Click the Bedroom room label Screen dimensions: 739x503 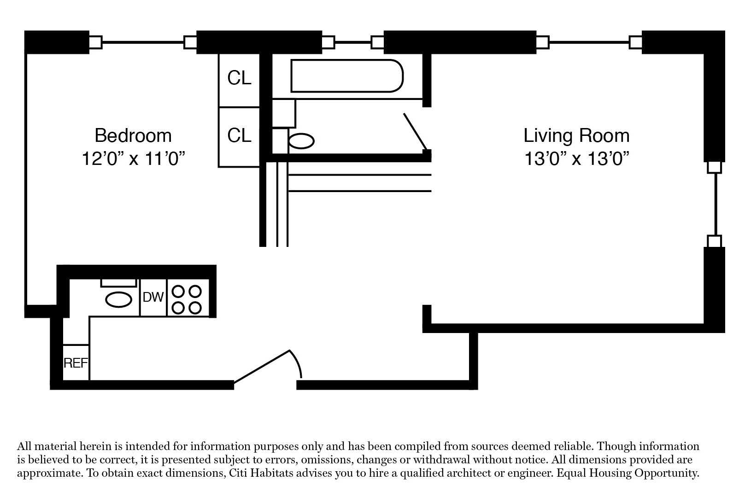133,135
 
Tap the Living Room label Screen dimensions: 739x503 576,135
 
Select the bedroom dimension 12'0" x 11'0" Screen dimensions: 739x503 133,158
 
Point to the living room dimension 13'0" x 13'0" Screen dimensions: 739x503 577,159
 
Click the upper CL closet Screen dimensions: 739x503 239,79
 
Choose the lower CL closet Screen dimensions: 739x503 239,135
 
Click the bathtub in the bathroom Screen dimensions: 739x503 347,76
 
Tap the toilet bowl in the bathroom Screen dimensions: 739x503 301,141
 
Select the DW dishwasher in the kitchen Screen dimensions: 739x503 153,298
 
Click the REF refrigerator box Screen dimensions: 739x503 76,363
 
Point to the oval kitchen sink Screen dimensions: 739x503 119,300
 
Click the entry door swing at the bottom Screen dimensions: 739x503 267,366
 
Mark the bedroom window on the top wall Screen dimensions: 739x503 142,42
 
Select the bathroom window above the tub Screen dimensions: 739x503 352,42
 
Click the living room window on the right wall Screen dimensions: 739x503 715,204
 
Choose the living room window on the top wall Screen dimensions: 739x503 589,42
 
